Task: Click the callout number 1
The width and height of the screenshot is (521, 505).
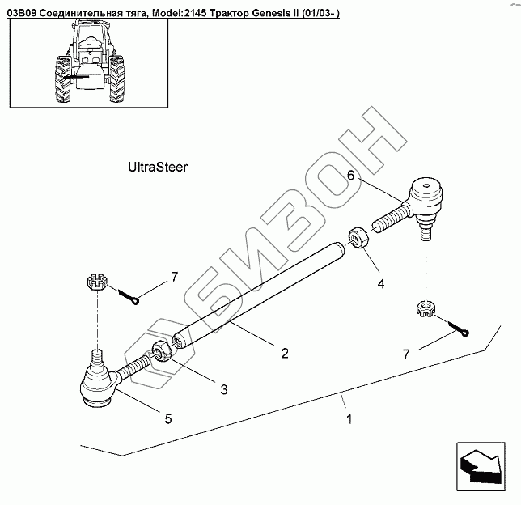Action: (349, 420)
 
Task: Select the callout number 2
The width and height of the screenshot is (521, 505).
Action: (285, 353)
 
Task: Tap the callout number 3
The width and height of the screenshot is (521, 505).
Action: (223, 389)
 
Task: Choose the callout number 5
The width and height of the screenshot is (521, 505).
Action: (167, 418)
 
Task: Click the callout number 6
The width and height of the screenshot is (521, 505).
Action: (351, 175)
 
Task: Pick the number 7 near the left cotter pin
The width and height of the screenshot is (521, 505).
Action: (173, 278)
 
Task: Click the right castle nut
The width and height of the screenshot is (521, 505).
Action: (424, 308)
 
